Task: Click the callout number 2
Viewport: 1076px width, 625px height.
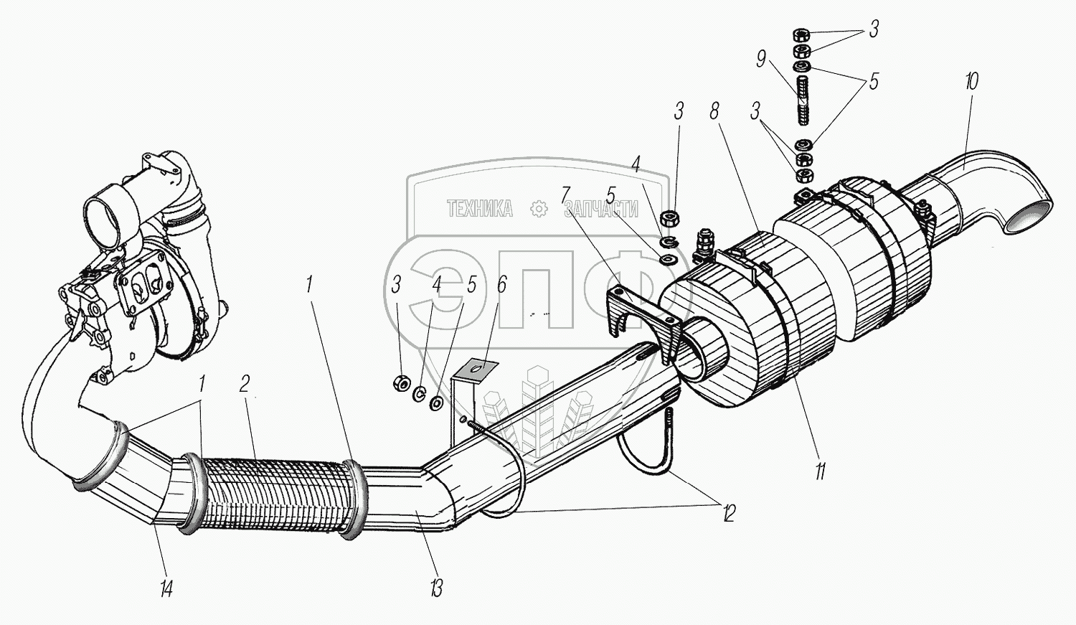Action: pos(245,384)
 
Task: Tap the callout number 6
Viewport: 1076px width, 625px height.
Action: pos(501,285)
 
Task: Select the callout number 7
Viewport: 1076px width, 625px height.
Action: pos(566,194)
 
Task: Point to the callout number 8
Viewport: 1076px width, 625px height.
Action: pos(714,111)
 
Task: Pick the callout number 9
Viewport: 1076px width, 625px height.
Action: pos(761,59)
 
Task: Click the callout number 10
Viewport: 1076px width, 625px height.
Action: pos(971,81)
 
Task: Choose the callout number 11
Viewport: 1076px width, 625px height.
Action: pos(820,471)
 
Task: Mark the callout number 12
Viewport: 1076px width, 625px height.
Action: pos(729,513)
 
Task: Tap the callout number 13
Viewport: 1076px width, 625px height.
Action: pos(436,588)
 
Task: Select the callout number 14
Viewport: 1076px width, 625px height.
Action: pos(166,589)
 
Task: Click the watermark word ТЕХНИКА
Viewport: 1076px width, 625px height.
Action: pos(480,209)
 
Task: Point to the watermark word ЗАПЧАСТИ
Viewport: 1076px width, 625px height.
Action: pos(601,209)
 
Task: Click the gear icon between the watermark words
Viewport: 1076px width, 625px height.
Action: pos(538,209)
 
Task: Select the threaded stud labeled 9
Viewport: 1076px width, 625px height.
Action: pos(802,100)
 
